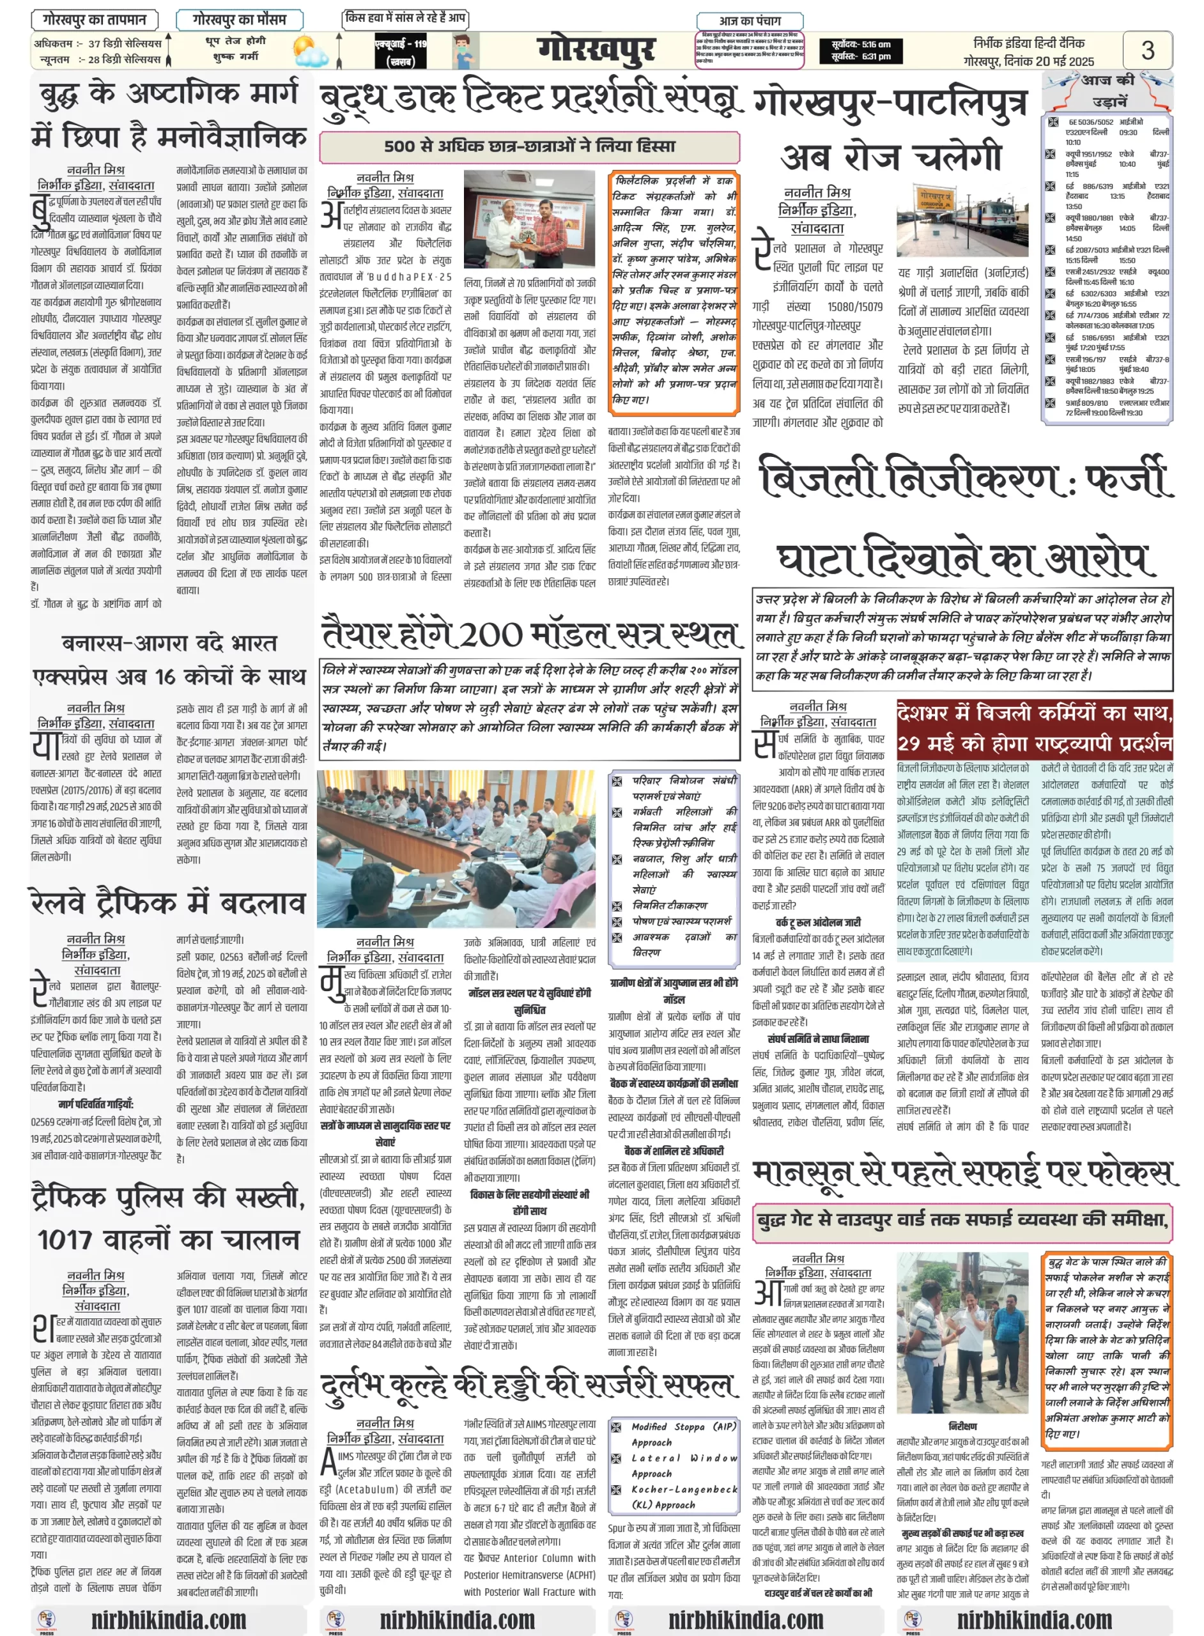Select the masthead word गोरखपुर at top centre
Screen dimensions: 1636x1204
click(x=596, y=50)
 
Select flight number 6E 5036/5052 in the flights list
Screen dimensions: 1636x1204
click(x=1090, y=121)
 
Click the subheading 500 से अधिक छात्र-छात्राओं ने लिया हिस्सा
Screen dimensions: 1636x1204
click(x=529, y=146)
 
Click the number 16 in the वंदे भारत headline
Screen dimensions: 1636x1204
click(x=165, y=676)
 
